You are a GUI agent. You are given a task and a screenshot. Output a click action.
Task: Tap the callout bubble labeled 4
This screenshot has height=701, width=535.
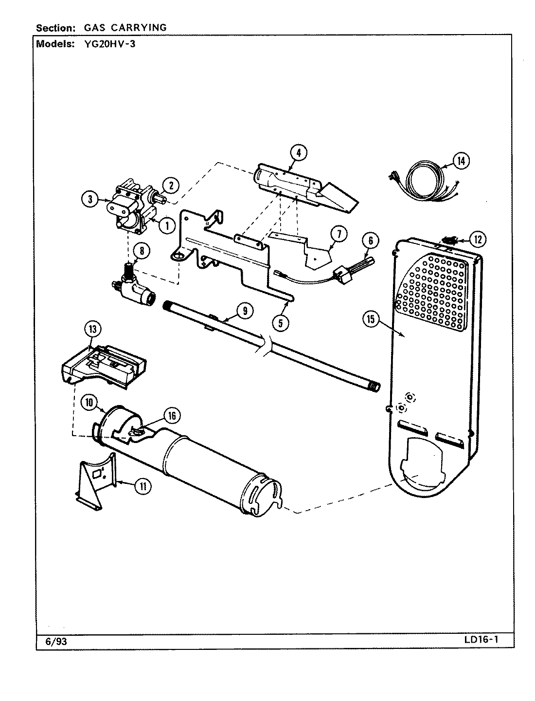point(299,152)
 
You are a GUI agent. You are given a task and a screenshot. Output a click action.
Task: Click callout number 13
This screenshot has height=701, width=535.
point(92,330)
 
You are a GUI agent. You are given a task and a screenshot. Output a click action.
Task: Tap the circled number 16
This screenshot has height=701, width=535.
point(172,415)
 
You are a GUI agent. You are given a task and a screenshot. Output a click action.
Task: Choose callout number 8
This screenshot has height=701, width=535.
point(142,251)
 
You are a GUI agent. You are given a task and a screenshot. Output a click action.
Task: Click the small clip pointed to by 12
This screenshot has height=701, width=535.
point(450,240)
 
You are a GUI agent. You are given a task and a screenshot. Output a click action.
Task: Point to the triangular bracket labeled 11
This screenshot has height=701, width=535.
point(96,475)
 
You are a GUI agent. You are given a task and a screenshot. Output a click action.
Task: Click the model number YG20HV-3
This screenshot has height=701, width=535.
point(107,43)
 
